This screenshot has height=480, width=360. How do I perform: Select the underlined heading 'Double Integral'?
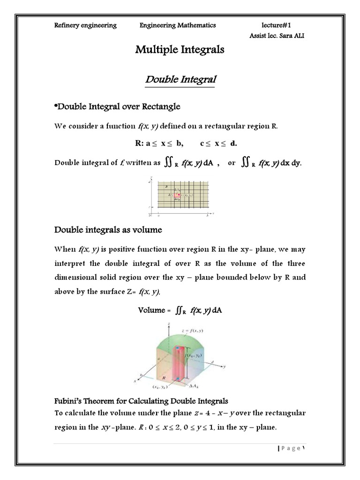180,79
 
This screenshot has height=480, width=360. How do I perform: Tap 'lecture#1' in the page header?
279,25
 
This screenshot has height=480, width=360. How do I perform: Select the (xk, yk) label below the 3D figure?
161,387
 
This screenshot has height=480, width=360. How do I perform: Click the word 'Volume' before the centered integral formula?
152,310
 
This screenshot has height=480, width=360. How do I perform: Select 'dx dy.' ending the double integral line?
291,163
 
